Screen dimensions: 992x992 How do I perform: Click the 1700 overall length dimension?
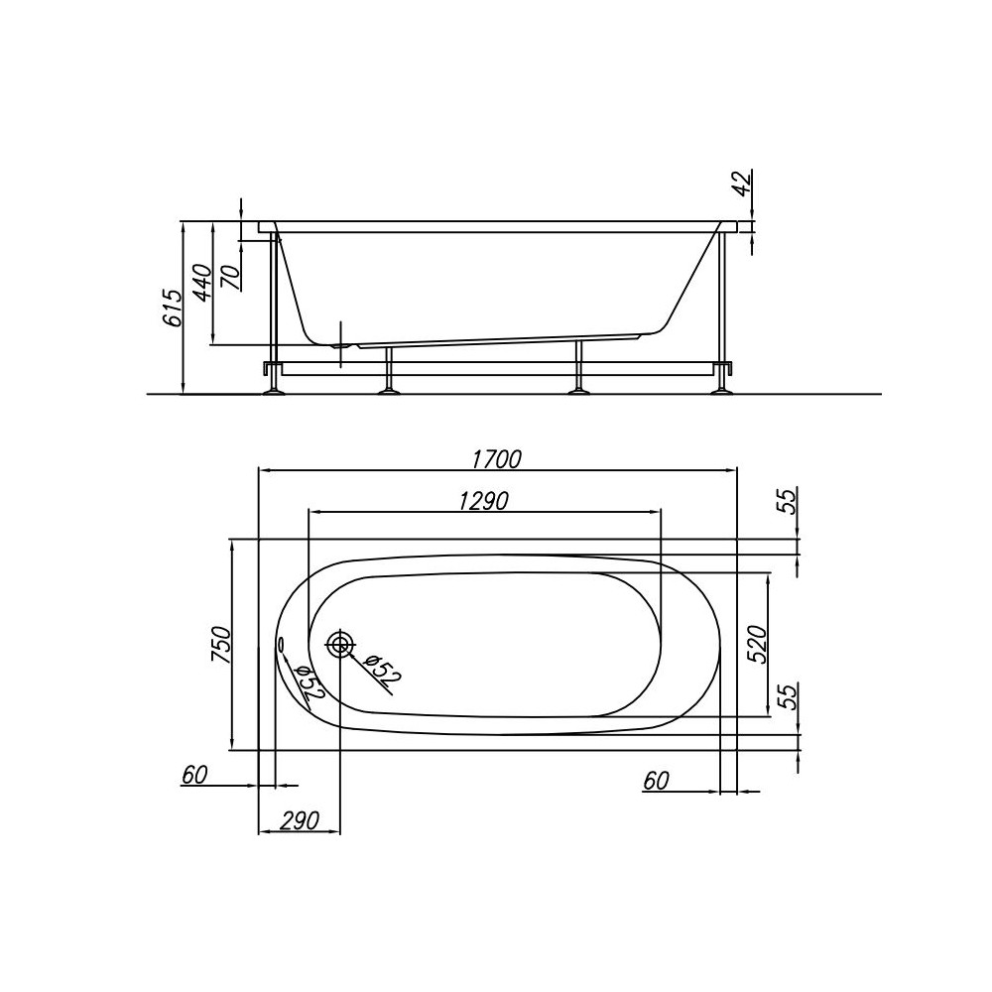[x=497, y=459]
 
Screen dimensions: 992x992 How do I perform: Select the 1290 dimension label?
[x=483, y=501]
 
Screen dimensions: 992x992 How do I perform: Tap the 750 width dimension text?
[x=221, y=645]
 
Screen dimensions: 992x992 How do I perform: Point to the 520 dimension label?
[x=784, y=645]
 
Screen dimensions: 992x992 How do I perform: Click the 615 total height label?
[x=173, y=309]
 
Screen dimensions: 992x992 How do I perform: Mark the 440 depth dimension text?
[x=201, y=285]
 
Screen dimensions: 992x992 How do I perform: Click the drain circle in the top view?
[x=340, y=645]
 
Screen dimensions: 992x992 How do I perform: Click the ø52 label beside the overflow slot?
[x=304, y=683]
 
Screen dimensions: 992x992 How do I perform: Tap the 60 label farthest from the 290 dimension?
[x=655, y=781]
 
